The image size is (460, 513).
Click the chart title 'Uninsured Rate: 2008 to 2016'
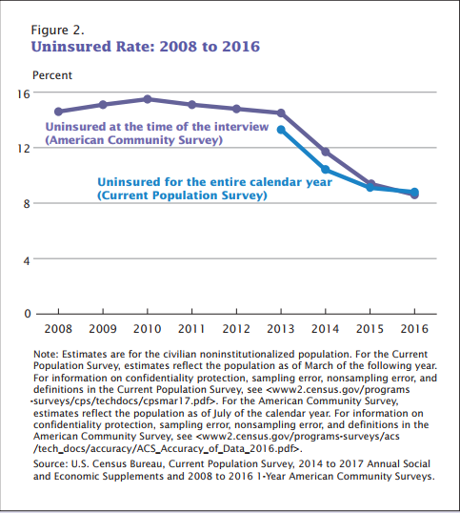[146, 46]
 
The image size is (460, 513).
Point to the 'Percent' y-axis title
[52, 74]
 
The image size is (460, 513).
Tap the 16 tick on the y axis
[23, 93]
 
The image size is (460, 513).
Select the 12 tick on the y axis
[23, 148]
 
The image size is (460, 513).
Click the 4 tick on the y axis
[27, 258]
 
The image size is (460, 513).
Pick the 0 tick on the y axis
[27, 313]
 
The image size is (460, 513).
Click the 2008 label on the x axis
[58, 329]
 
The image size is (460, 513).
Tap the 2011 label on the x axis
[192, 329]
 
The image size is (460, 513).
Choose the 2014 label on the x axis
[326, 329]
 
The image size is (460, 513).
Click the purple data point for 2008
[58, 112]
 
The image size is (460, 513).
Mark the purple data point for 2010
[148, 99]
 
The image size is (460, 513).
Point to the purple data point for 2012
[236, 109]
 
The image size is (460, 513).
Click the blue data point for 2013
[281, 130]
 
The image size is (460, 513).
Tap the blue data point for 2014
[326, 170]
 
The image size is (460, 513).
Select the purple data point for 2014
[326, 152]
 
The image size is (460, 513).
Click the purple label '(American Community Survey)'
[133, 140]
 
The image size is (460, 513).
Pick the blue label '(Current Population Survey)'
[181, 195]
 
